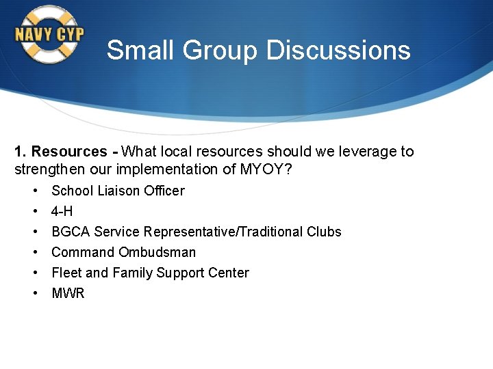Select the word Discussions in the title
(x=338, y=51)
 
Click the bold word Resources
(x=69, y=152)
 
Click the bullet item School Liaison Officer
(x=118, y=191)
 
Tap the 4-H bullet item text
(x=62, y=211)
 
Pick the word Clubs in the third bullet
(x=325, y=232)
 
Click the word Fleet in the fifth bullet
(x=66, y=273)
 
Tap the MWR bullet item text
(x=68, y=293)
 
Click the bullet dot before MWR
(x=34, y=293)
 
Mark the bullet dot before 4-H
(x=34, y=211)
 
